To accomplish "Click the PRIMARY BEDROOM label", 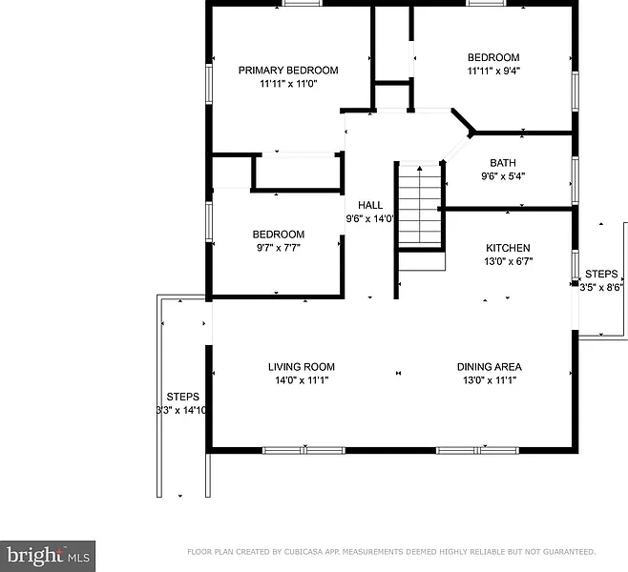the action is [288, 71].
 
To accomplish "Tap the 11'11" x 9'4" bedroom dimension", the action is [493, 71].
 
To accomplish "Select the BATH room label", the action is [503, 163].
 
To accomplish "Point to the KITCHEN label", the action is [508, 248].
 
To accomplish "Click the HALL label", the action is [370, 205].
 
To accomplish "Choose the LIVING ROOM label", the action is [302, 367].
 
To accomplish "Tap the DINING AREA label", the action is [490, 367].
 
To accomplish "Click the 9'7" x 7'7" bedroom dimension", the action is [279, 248].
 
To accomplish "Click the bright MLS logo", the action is [48, 556].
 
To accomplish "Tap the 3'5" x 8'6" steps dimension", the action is [601, 287].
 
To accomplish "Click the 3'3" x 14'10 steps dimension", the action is [181, 410].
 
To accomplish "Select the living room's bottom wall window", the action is [304, 450].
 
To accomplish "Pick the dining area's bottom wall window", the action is [477, 450].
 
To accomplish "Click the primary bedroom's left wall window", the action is [209, 84].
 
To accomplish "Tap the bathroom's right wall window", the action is [576, 181].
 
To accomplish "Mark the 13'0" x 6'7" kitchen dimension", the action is [509, 261].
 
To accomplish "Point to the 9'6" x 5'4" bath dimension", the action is [503, 176].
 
